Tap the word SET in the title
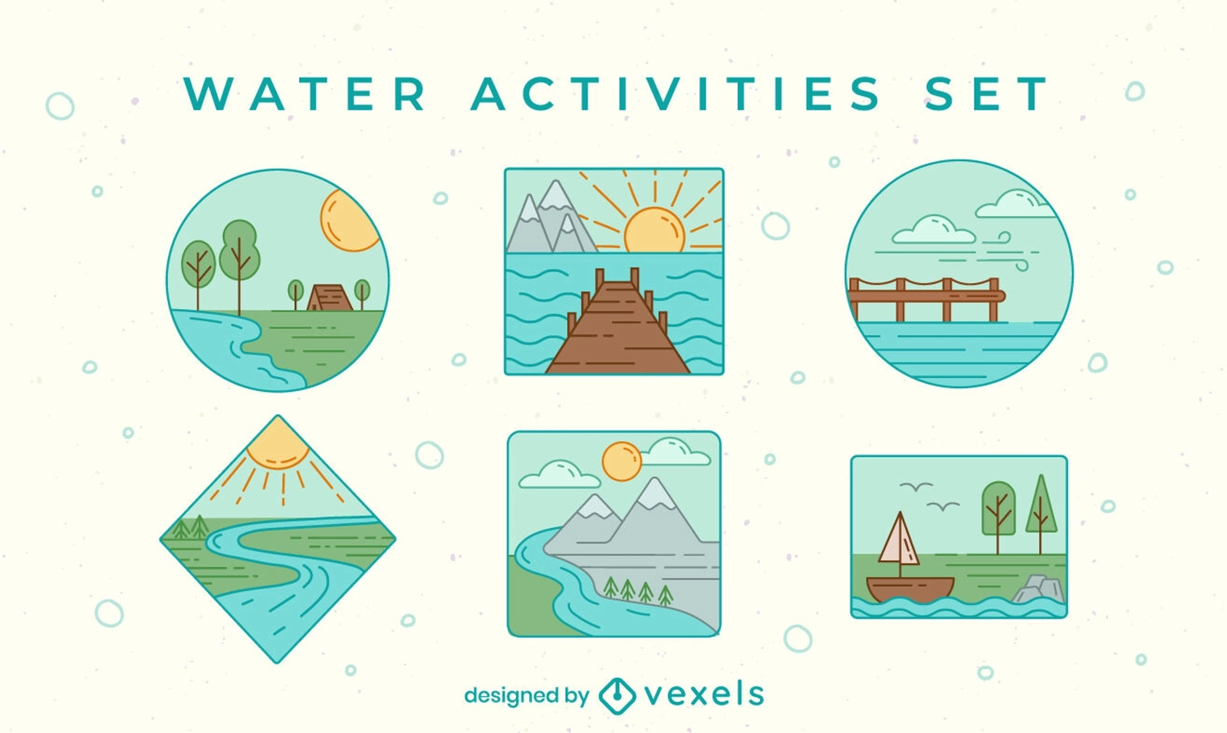986,94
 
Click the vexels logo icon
617,695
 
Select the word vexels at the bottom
704,694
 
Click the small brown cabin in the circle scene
329,297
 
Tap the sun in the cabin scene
350,220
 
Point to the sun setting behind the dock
654,229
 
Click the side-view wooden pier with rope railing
926,299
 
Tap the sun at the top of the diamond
278,445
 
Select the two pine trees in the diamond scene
191,527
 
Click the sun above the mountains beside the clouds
621,462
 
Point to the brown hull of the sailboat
910,589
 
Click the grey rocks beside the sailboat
1038,589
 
